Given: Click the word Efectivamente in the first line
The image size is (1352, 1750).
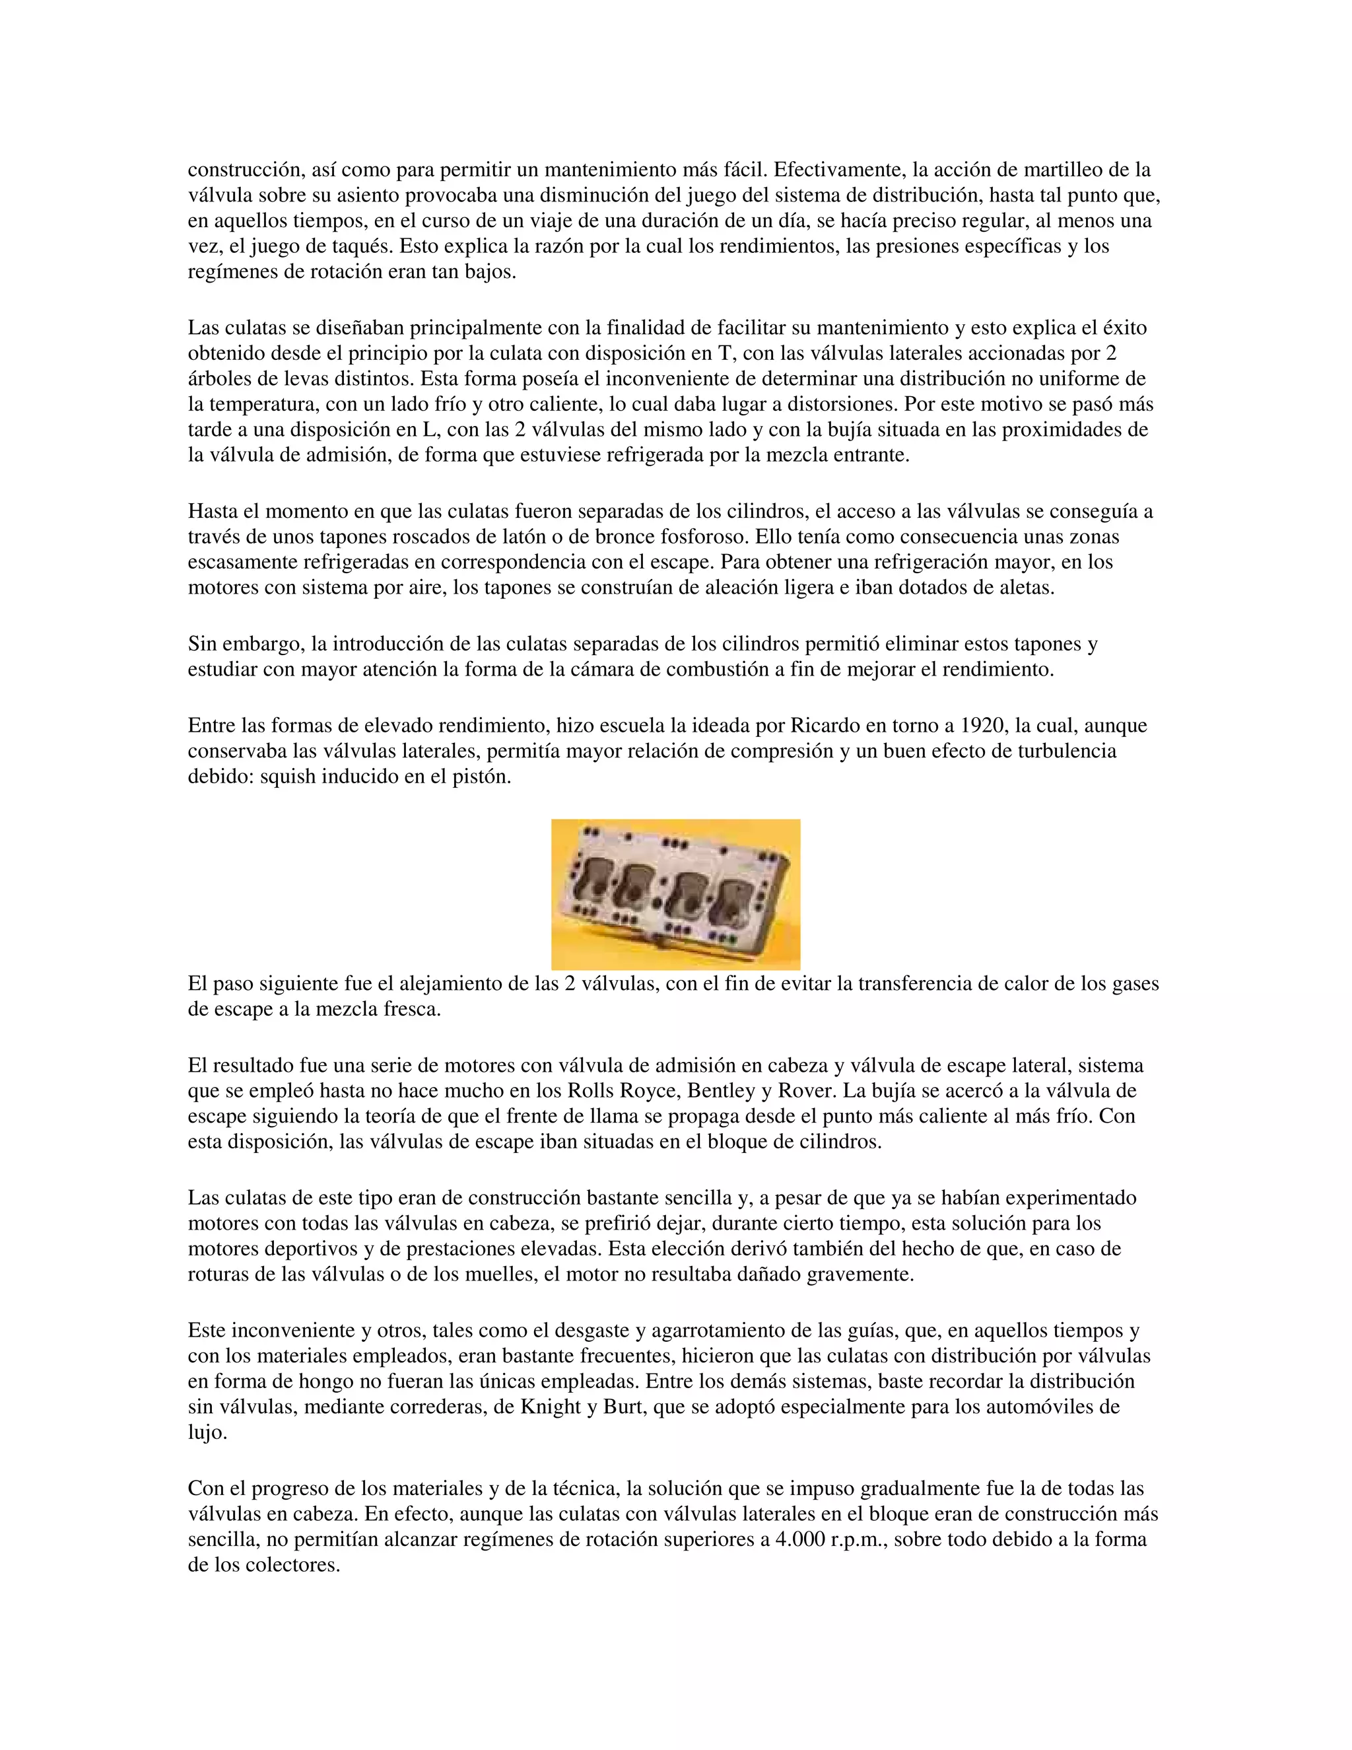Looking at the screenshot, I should tap(840, 170).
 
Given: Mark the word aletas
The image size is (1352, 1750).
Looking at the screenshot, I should tap(1021, 588).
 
